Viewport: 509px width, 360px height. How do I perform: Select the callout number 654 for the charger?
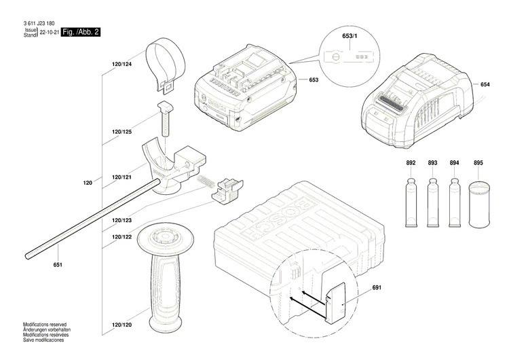485,84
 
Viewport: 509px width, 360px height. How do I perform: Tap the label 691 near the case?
377,288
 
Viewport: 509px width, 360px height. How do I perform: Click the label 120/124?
122,64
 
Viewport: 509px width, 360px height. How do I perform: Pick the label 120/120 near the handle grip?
122,325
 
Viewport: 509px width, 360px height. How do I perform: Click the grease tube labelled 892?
411,203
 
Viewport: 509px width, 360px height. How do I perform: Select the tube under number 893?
432,203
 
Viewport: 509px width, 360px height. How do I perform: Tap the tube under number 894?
454,203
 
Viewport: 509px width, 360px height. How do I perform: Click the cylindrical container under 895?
478,204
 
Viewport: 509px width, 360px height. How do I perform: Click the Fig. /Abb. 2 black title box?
81,32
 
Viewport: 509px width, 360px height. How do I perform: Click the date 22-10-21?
49,32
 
